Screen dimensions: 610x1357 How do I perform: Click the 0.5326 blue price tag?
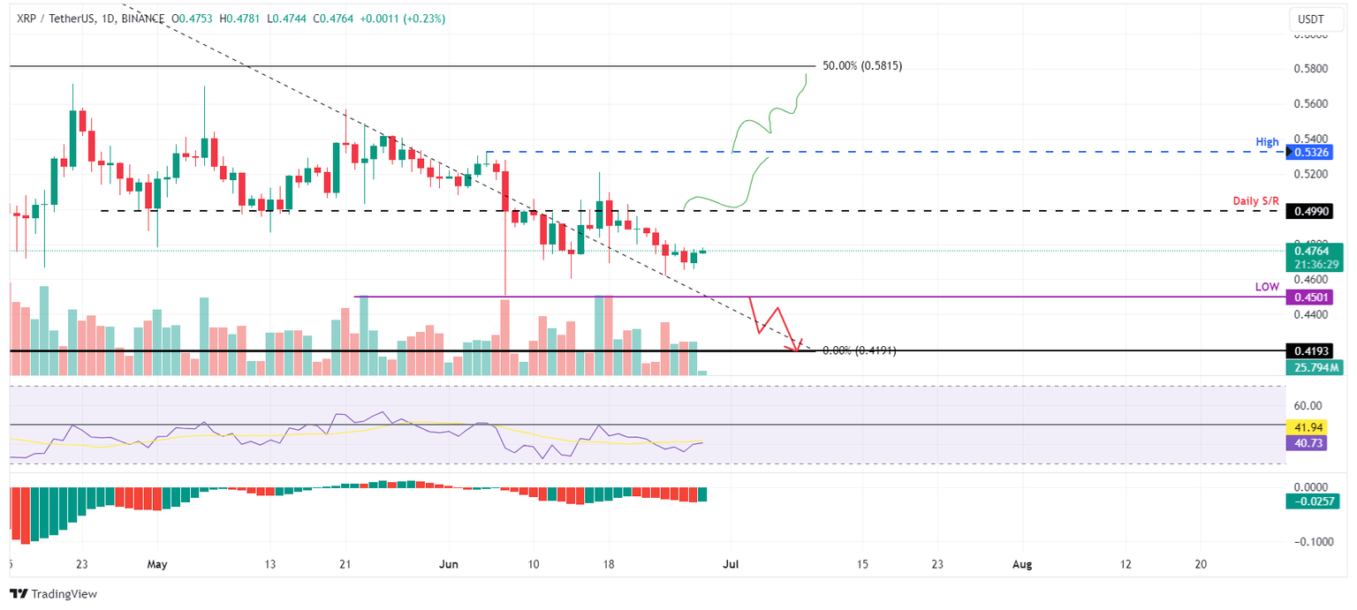click(x=1313, y=152)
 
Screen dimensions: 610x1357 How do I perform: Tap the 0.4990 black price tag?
click(x=1313, y=211)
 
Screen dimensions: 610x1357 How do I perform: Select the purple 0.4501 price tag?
click(x=1313, y=297)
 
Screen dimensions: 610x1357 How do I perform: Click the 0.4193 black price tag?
click(x=1313, y=350)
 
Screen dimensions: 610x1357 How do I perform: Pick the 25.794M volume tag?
click(x=1313, y=366)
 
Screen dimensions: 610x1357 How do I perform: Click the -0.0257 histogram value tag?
click(x=1313, y=501)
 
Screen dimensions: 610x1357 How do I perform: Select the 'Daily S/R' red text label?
click(x=1255, y=201)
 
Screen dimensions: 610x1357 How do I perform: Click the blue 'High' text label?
click(x=1267, y=141)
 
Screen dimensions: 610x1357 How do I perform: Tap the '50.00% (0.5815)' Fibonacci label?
click(x=861, y=66)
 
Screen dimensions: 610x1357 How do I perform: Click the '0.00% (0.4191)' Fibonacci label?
click(x=859, y=350)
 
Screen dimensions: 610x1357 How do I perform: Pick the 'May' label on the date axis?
click(x=157, y=563)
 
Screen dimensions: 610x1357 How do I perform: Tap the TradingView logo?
click(x=54, y=594)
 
